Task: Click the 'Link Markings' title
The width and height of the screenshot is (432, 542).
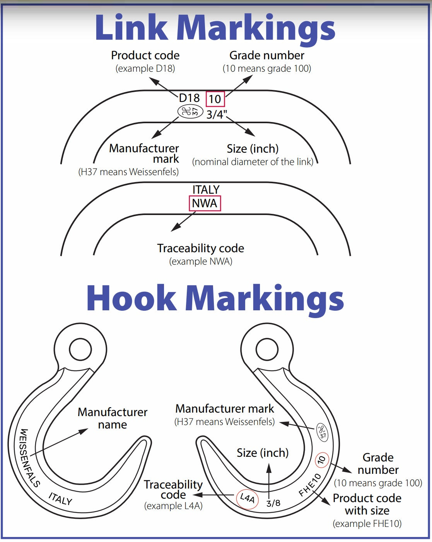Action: (215, 28)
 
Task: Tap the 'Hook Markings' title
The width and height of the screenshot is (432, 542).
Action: (215, 298)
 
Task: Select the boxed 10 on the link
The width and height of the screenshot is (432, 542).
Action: (215, 99)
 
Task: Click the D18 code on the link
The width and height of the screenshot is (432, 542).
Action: (189, 98)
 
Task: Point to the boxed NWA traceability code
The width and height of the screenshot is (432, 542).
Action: (205, 203)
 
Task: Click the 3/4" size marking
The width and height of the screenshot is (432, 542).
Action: (217, 115)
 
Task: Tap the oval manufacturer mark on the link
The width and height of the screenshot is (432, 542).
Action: (190, 112)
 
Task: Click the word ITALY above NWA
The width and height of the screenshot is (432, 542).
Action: (206, 189)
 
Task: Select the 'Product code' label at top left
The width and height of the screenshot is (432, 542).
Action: (145, 55)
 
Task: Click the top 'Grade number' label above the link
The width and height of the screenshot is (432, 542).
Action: (267, 55)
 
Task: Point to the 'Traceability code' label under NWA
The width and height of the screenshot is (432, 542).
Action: (200, 248)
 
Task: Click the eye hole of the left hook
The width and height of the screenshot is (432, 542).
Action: (80, 350)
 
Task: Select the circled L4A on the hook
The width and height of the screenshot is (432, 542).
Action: (247, 497)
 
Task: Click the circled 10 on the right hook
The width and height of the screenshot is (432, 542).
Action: (322, 460)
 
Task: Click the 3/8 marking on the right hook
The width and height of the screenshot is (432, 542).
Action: (273, 503)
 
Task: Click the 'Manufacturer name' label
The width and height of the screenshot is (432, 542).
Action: (113, 418)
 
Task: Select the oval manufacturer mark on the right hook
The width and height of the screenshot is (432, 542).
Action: (322, 431)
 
